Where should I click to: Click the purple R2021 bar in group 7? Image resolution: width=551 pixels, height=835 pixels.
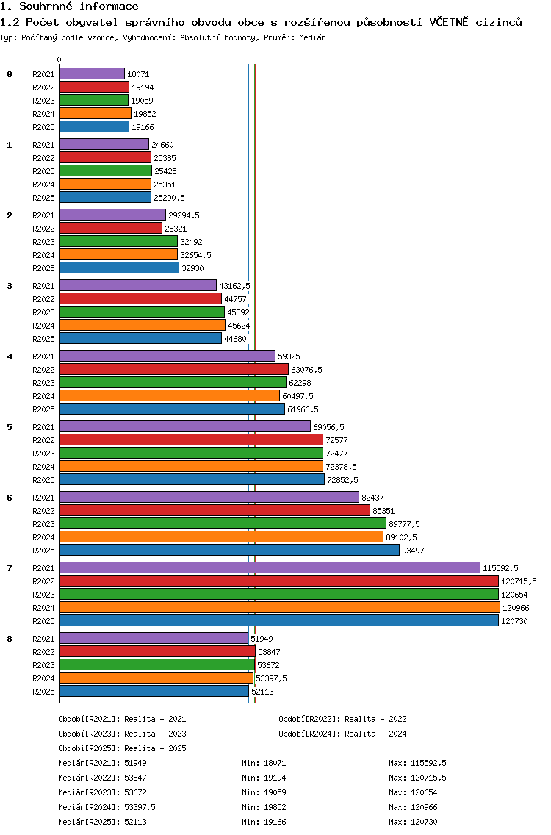coord(270,567)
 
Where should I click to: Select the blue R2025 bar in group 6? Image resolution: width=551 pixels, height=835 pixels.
coord(229,550)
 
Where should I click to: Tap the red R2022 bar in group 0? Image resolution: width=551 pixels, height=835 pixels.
coord(94,87)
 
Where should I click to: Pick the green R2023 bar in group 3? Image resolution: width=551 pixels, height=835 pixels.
coord(142,312)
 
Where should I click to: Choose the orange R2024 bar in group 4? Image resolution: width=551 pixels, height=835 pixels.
coord(169,395)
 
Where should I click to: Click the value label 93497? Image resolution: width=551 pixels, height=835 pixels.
coord(413,551)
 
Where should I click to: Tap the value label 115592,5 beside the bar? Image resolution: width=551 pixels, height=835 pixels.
coord(500,568)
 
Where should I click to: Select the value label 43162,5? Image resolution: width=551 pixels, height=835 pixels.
coord(234,286)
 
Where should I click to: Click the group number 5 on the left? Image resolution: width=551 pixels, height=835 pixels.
coord(10,427)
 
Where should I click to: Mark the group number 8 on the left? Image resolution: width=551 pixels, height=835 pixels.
coord(10,639)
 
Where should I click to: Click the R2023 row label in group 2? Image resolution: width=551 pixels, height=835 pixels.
coord(43,242)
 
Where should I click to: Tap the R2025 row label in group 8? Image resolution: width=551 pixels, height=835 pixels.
coord(43,692)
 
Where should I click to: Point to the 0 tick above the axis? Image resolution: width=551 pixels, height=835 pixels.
coord(60,60)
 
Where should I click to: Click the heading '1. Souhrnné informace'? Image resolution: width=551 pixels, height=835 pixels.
coord(69,7)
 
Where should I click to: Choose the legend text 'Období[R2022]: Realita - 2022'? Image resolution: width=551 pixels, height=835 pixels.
coord(342,719)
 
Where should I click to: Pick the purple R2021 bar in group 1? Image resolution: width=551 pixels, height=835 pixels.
coord(104,144)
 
